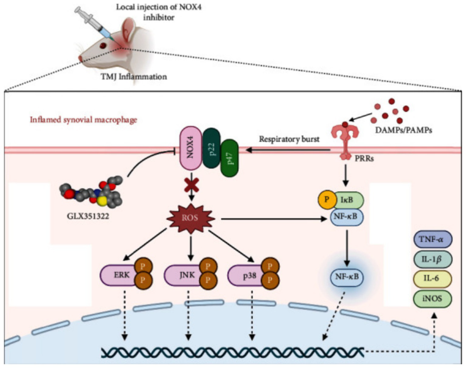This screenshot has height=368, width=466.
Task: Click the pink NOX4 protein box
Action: tap(191, 148)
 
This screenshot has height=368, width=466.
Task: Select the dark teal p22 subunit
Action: tap(212, 148)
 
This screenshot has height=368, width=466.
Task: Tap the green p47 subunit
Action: tap(230, 158)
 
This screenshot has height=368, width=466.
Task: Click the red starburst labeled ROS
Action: tap(190, 218)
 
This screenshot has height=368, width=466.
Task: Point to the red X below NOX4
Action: tap(191, 185)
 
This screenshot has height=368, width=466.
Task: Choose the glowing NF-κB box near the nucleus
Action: tap(346, 277)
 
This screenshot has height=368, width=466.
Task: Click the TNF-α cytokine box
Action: tap(432, 239)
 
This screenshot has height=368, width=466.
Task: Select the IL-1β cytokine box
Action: tap(432, 259)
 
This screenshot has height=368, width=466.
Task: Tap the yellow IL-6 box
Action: tap(432, 279)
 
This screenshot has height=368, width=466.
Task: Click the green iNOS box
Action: tap(432, 299)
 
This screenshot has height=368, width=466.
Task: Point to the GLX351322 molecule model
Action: tap(91, 192)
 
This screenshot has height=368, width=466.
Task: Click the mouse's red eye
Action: tap(103, 45)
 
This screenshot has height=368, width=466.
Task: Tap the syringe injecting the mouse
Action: tap(93, 23)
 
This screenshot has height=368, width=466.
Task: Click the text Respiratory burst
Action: tap(289, 139)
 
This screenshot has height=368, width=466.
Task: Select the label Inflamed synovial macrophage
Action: tap(83, 120)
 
